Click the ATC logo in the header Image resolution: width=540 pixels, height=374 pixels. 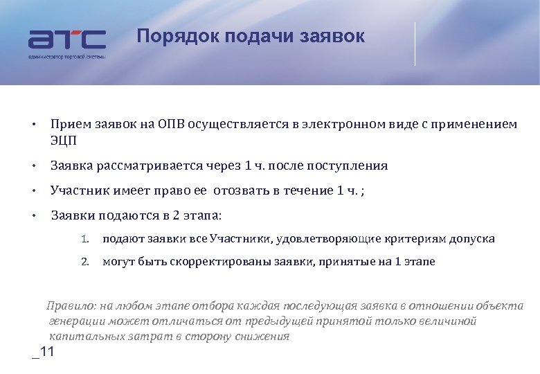pos(66,41)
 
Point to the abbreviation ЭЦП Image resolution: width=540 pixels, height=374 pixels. pos(64,141)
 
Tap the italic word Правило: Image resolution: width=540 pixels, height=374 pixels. pos(71,306)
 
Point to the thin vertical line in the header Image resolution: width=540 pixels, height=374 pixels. pos(415,44)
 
